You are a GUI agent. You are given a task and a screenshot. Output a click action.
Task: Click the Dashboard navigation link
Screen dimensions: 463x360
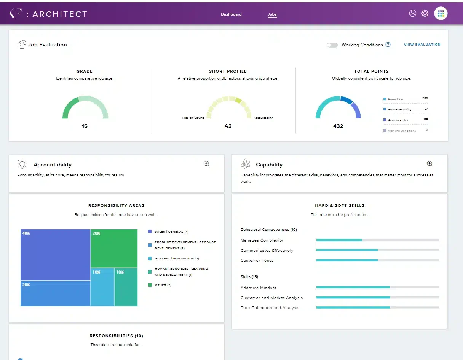tap(231, 14)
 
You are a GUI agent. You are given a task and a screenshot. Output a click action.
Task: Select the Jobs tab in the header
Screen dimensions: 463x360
tap(272, 14)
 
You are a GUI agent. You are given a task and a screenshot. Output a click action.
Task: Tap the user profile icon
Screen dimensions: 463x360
tap(412, 13)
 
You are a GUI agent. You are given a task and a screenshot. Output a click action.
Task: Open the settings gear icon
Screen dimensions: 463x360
tap(425, 13)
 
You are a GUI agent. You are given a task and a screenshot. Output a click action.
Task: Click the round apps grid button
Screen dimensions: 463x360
tap(441, 13)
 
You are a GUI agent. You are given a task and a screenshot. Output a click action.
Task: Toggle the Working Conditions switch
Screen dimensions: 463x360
tap(332, 45)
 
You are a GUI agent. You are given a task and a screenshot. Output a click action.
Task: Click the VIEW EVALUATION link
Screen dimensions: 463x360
tap(422, 45)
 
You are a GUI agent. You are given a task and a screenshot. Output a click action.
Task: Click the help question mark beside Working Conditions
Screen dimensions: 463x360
tap(388, 45)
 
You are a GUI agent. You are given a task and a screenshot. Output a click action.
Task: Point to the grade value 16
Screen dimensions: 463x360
tap(85, 126)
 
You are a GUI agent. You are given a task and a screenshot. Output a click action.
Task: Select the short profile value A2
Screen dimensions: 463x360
tap(228, 126)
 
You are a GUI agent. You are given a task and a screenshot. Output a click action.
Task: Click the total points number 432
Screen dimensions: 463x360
tap(338, 126)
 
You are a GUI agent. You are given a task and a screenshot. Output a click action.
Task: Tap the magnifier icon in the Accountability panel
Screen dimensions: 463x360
tap(206, 164)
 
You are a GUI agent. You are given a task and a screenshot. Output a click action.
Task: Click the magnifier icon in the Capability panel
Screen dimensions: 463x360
tap(430, 164)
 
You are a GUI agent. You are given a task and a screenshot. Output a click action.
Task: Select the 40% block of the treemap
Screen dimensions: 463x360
tap(55, 255)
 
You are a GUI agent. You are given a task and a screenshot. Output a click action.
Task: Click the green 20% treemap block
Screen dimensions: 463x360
tap(114, 248)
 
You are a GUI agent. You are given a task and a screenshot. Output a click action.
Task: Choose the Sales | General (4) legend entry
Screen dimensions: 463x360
tap(168, 232)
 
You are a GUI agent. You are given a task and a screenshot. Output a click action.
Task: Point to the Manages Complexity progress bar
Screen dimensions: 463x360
tap(378, 240)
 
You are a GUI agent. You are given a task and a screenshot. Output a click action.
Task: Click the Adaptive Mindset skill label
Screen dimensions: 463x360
tap(259, 288)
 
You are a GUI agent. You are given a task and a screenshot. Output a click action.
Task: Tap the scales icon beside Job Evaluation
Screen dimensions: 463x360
tap(22, 44)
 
